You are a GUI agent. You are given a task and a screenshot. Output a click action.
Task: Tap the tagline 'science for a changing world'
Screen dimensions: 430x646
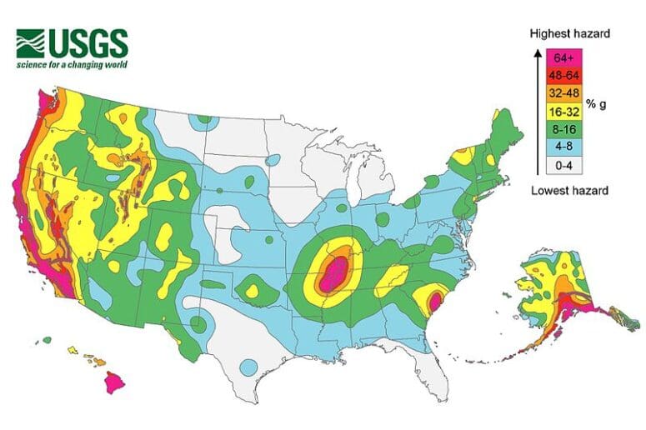72,64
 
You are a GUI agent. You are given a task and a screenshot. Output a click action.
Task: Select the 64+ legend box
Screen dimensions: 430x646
563,58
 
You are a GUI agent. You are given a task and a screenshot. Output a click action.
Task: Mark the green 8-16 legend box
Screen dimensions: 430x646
563,130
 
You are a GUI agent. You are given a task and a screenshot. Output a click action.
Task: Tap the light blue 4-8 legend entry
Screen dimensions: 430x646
563,148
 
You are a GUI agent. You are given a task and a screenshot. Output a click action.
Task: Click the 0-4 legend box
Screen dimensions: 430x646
563,166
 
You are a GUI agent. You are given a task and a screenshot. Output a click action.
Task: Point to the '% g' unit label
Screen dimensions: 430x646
596,104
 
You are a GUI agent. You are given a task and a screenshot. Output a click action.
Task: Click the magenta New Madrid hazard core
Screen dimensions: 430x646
334,273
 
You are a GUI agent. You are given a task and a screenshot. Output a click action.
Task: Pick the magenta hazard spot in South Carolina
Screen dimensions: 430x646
435,300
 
